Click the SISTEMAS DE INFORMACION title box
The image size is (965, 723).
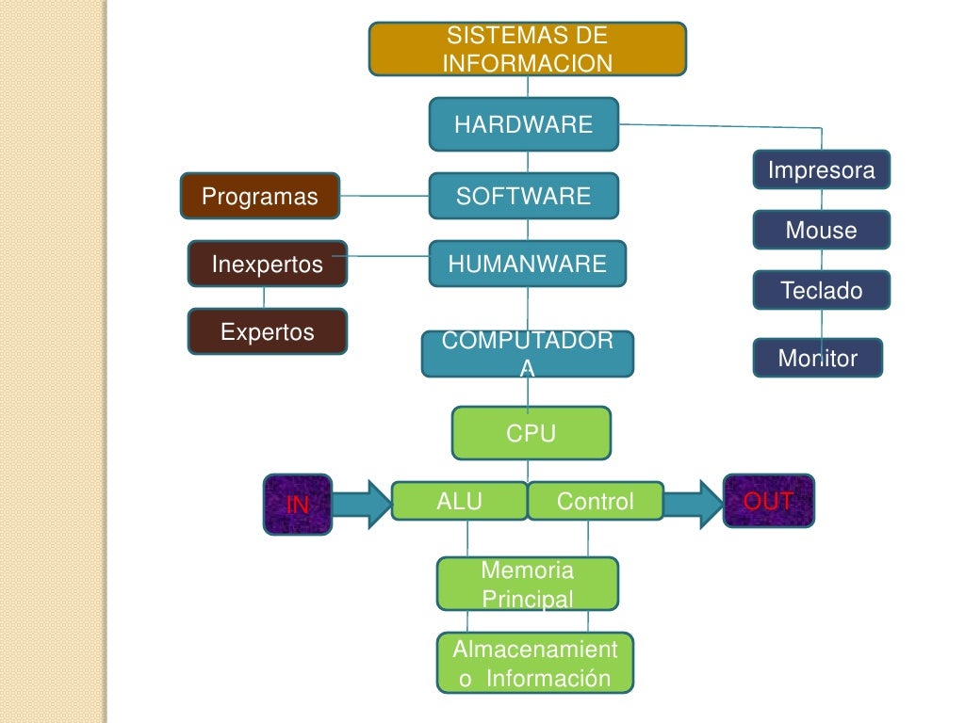coord(527,49)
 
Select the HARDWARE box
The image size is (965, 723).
coord(524,124)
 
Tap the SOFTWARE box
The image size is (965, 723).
coord(524,196)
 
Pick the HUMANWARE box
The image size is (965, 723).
coord(528,264)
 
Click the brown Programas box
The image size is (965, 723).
coord(260,196)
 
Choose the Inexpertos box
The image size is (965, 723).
coord(268,264)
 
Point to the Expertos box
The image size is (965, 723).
coord(268,331)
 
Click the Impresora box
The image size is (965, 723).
coord(822,170)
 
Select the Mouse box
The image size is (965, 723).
coord(822,230)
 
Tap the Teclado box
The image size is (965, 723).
coord(822,290)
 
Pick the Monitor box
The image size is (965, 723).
coord(818,358)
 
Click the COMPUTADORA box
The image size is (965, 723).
coord(528,354)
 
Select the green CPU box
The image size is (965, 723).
coord(532,433)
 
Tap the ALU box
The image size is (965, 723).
coord(459,501)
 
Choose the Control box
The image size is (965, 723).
coord(596,501)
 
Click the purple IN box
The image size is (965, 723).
coord(298,504)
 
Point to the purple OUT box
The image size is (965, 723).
coord(768,500)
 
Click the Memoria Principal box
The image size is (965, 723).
coord(528,584)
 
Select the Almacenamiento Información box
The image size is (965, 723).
coord(535,663)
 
